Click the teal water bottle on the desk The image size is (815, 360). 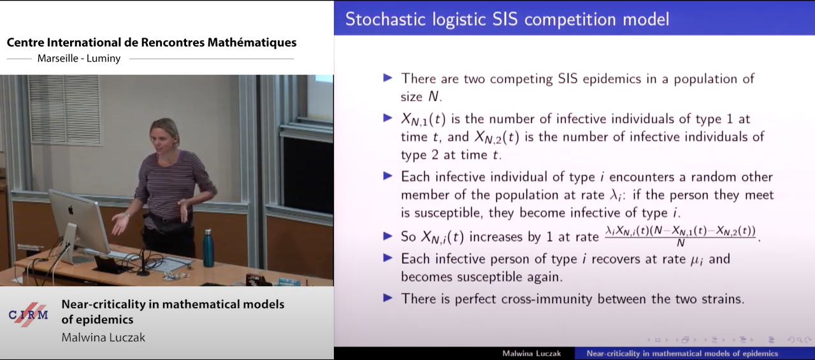(208, 248)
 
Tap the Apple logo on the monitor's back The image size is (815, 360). (71, 210)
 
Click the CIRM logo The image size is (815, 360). (29, 315)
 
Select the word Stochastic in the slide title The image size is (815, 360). (386, 19)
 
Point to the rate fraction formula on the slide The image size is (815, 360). (681, 236)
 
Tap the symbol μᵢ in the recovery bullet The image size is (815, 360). (696, 260)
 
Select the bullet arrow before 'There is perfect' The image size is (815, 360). (387, 298)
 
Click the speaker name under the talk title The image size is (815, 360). (103, 338)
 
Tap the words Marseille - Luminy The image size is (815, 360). (79, 58)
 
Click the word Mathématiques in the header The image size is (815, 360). (252, 43)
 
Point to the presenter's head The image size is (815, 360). (165, 133)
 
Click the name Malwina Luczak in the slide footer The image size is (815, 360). (531, 354)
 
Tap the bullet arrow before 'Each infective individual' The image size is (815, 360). (387, 176)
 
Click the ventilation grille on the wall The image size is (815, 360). (64, 109)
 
